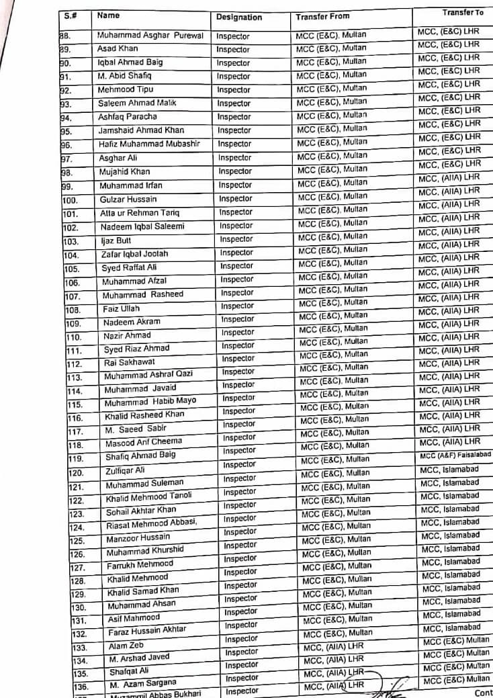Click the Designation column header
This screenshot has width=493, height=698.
tap(238, 17)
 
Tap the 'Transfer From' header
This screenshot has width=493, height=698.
tap(322, 17)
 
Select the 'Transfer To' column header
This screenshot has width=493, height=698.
tap(463, 13)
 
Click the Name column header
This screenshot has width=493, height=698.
tap(108, 14)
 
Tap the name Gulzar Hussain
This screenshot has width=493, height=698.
tap(128, 199)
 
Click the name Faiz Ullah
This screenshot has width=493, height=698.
tap(122, 308)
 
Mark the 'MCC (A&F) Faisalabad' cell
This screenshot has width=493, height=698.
tap(455, 455)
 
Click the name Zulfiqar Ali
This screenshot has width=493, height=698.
tap(125, 470)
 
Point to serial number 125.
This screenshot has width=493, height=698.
tap(77, 540)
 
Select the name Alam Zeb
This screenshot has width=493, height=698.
tap(126, 645)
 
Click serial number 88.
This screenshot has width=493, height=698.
tap(65, 36)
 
